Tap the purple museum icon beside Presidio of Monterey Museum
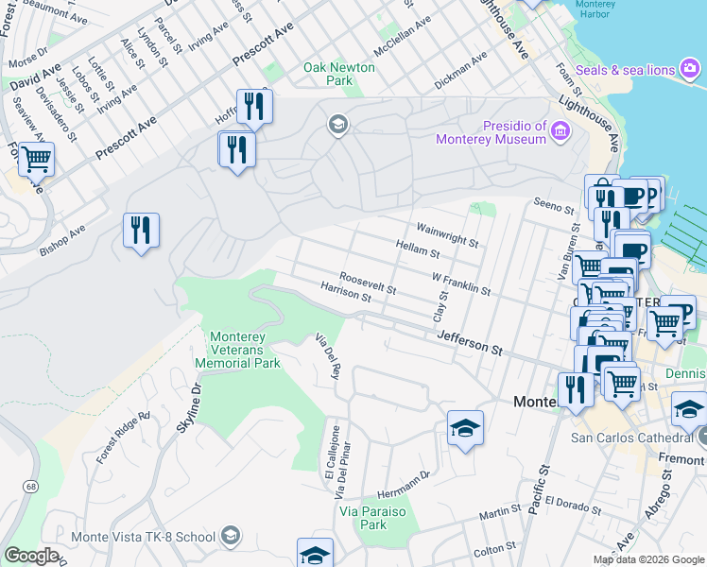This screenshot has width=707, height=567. (561, 130)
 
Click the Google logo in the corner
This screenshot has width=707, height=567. (31, 556)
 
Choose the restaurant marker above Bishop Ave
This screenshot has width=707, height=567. (141, 230)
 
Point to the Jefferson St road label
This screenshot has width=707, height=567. (470, 342)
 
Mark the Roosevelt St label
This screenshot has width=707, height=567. (367, 282)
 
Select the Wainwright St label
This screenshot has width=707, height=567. (446, 234)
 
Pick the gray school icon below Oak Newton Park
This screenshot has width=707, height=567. (337, 124)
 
